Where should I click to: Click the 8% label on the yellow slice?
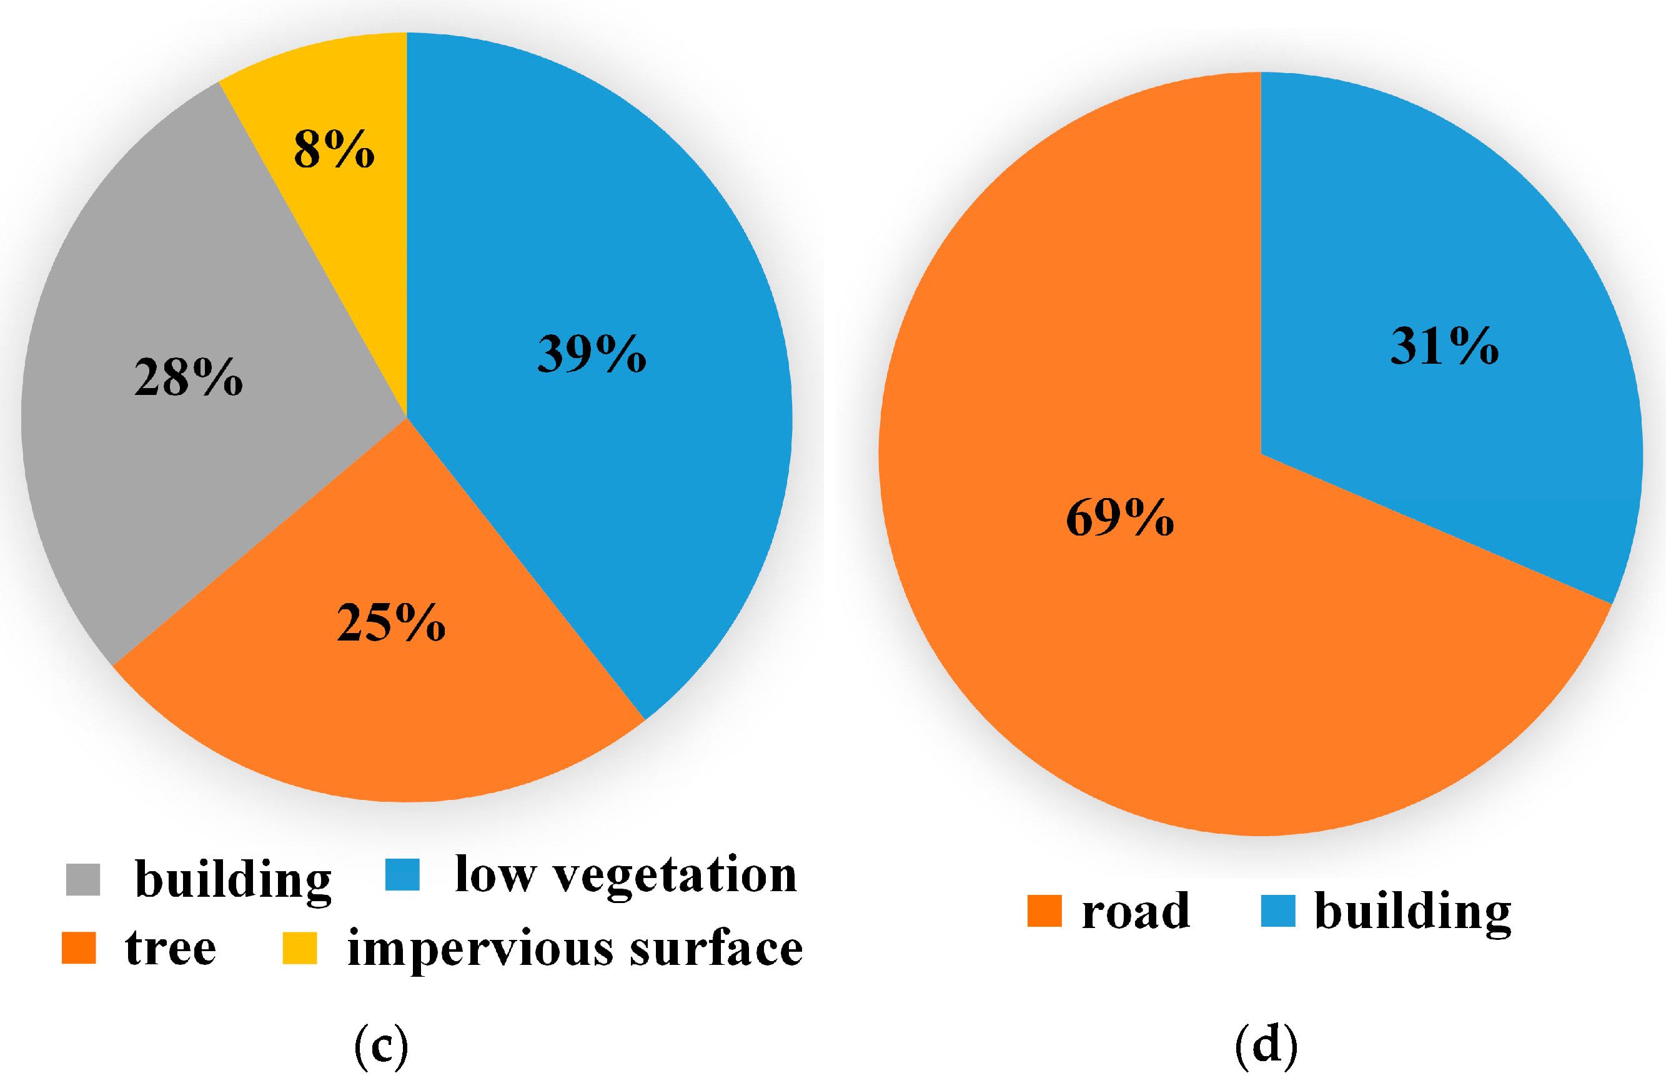(334, 149)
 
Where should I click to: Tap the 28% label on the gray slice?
(188, 377)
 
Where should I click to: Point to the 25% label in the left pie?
(390, 622)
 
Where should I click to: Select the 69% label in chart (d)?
(1119, 517)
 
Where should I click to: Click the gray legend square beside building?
(82, 879)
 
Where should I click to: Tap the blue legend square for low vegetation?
(402, 874)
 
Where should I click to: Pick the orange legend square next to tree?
(79, 948)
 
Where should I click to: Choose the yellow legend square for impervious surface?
(300, 948)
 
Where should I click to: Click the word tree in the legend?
(171, 948)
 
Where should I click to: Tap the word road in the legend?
(1136, 911)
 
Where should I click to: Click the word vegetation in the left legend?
(675, 875)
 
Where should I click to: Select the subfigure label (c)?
(381, 1046)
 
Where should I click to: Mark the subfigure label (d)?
(1266, 1046)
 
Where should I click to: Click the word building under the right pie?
(1412, 911)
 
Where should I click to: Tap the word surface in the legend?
(715, 948)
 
